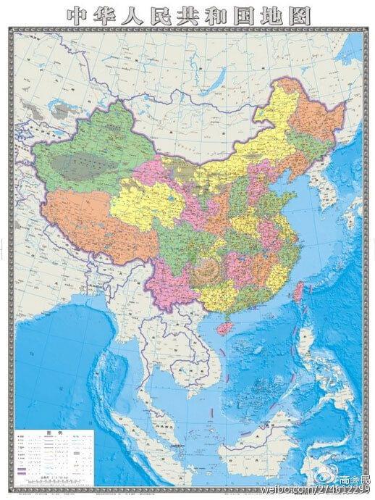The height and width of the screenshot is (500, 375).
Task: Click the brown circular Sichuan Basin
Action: coord(208,268)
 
